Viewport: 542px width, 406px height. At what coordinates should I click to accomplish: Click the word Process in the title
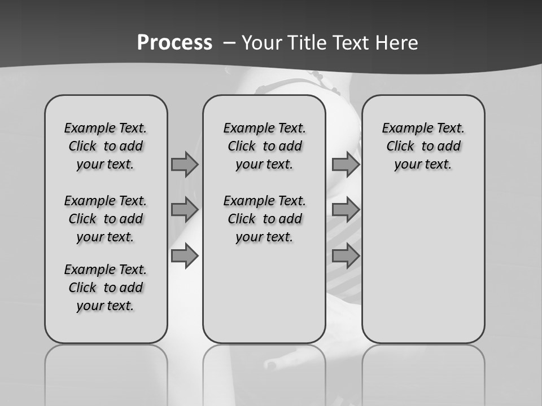[174, 43]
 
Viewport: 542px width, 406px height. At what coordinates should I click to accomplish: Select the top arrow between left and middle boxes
[185, 164]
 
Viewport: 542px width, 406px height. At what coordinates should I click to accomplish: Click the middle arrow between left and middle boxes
[185, 210]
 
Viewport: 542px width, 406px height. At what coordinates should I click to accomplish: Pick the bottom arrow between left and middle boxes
[185, 255]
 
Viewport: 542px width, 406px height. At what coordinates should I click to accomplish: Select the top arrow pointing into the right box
[346, 164]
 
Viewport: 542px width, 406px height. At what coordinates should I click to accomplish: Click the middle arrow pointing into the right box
[346, 210]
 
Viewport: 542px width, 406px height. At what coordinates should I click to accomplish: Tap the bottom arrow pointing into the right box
[346, 255]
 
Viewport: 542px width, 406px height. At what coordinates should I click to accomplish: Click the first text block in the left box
[106, 146]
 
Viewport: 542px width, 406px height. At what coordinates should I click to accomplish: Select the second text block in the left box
[106, 219]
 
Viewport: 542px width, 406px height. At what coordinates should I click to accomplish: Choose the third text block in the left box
[106, 288]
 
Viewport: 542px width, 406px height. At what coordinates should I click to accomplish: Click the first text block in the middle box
[264, 146]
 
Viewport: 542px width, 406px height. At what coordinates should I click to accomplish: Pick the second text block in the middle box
[264, 219]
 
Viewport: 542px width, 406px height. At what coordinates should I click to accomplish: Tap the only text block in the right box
[423, 146]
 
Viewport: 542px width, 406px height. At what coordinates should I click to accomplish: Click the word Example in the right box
[403, 129]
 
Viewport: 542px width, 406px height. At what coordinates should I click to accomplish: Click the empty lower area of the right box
[423, 271]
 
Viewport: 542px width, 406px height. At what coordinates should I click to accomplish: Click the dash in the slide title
[229, 43]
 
